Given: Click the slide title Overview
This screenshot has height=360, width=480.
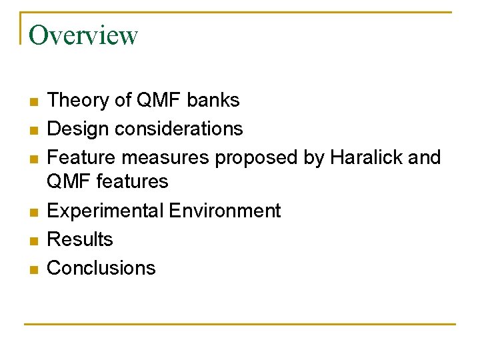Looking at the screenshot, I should click(83, 35).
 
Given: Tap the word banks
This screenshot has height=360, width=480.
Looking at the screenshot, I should click(213, 100).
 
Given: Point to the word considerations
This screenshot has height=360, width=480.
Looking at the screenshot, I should click(179, 128).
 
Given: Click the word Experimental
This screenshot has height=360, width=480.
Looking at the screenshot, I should click(105, 211).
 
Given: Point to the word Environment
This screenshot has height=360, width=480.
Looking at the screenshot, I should click(225, 211).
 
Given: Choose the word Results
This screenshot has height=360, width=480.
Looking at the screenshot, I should click(80, 239).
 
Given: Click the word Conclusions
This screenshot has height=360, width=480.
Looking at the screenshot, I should click(101, 268).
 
